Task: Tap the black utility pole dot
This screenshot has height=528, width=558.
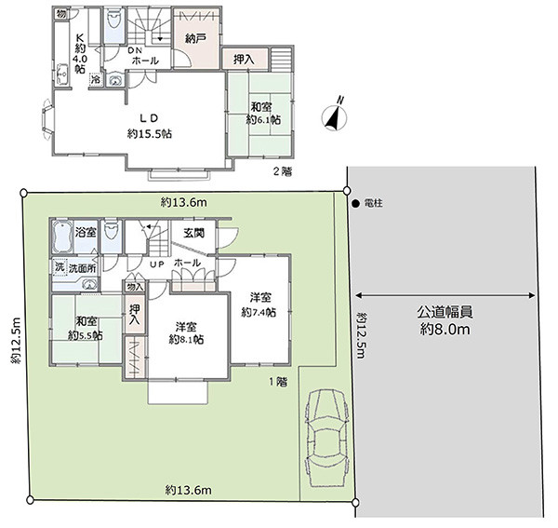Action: [x=355, y=204]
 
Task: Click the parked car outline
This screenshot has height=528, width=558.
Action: [x=326, y=438]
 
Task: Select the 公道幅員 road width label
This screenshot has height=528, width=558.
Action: [x=445, y=312]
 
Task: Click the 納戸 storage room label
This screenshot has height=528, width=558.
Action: [x=195, y=38]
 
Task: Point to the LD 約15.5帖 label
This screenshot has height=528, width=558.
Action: [x=150, y=126]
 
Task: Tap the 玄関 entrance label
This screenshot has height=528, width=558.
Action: [x=194, y=233]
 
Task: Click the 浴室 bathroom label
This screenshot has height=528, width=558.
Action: [x=86, y=233]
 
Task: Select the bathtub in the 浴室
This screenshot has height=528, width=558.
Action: [x=62, y=236]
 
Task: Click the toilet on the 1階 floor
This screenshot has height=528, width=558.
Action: [x=112, y=232]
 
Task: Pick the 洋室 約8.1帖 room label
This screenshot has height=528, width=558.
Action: [x=186, y=333]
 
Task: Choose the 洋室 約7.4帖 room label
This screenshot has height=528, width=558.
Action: [x=259, y=305]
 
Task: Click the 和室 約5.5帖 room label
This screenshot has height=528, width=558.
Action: [x=86, y=328]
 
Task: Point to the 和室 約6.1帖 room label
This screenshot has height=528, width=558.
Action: [x=263, y=113]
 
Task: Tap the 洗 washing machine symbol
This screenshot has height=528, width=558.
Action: [x=60, y=267]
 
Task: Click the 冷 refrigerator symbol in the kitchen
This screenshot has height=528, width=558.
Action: [x=96, y=80]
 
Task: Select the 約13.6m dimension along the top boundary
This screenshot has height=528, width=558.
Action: [x=183, y=203]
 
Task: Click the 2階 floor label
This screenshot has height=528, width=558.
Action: [x=283, y=172]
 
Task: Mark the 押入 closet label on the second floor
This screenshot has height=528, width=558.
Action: [x=244, y=60]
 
